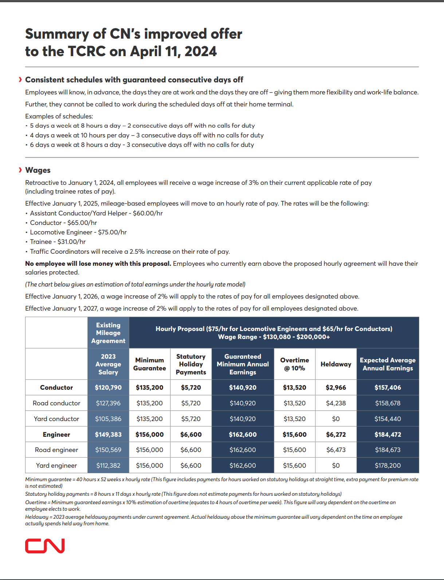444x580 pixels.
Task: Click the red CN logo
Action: click(45, 546)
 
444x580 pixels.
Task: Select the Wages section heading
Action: click(38, 170)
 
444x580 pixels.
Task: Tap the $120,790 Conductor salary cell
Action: click(108, 388)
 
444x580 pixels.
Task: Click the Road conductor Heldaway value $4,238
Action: click(336, 403)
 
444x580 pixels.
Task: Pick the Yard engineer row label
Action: click(56, 466)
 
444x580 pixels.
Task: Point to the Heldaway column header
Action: click(336, 364)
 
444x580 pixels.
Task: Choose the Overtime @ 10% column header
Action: click(294, 364)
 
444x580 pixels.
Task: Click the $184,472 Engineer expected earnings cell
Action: click(388, 435)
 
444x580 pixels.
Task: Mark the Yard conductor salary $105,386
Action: click(108, 419)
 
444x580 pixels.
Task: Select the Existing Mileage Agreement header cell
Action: click(108, 333)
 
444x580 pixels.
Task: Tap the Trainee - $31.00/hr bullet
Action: click(58, 242)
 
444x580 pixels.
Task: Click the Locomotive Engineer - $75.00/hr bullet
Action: click(78, 232)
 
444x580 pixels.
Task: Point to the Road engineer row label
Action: click(56, 450)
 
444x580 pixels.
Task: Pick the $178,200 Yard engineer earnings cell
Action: click(388, 466)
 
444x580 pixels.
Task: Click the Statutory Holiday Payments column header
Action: click(191, 364)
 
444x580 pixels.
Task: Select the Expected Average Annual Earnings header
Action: click(388, 364)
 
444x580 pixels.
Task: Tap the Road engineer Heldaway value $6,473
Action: click(336, 450)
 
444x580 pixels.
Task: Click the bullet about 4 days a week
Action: click(146, 135)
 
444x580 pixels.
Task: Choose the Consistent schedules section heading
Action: click(134, 80)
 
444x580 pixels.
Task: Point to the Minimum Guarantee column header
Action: click(149, 364)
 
